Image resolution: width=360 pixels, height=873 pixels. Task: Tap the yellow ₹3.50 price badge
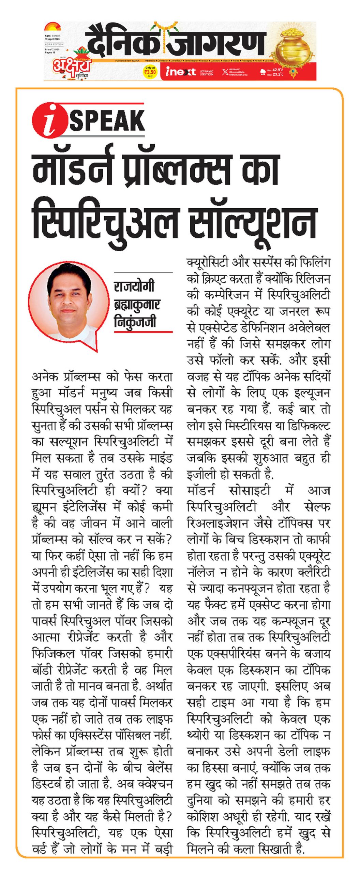[150, 72]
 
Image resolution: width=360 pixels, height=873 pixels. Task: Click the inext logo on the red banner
[180, 72]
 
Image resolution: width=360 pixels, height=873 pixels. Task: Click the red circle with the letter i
[50, 120]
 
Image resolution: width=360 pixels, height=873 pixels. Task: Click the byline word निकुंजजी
[135, 321]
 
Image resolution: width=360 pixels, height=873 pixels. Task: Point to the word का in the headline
[260, 169]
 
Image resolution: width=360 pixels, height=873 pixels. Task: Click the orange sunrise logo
[52, 27]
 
